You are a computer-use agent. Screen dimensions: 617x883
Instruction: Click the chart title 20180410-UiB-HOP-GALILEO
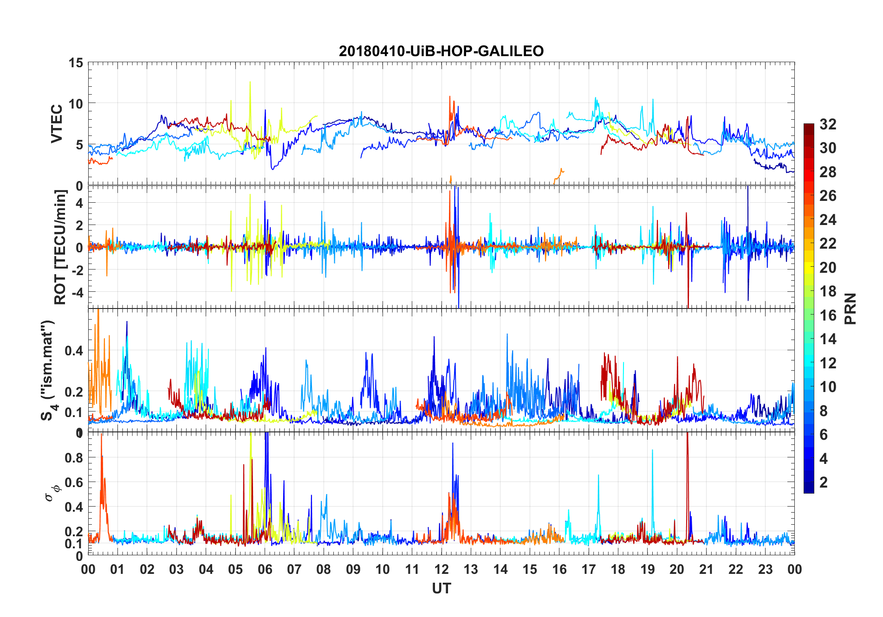(441, 51)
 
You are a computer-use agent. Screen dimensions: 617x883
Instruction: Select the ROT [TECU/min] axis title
(60, 247)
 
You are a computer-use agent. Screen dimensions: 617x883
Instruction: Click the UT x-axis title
(441, 589)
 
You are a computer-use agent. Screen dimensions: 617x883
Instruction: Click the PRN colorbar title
(851, 308)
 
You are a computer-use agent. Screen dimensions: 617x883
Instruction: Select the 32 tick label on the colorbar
(828, 124)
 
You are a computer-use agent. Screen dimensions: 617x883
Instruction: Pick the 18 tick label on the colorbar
(828, 291)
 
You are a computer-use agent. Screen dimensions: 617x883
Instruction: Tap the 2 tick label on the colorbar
(824, 482)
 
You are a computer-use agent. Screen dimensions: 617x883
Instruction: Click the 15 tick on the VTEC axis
(76, 63)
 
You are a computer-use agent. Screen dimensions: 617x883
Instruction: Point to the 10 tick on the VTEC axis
(76, 103)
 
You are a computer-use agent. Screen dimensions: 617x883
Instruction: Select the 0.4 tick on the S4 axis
(74, 351)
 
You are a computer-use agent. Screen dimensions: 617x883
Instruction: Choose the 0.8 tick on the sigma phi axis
(74, 458)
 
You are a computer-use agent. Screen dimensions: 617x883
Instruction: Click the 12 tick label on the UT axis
(441, 570)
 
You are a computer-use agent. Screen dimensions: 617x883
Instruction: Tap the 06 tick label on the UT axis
(265, 570)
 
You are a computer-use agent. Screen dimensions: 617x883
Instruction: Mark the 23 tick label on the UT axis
(765, 570)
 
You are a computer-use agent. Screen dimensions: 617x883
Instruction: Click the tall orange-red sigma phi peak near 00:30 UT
(101, 438)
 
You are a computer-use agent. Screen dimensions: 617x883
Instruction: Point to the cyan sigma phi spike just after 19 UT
(652, 451)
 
